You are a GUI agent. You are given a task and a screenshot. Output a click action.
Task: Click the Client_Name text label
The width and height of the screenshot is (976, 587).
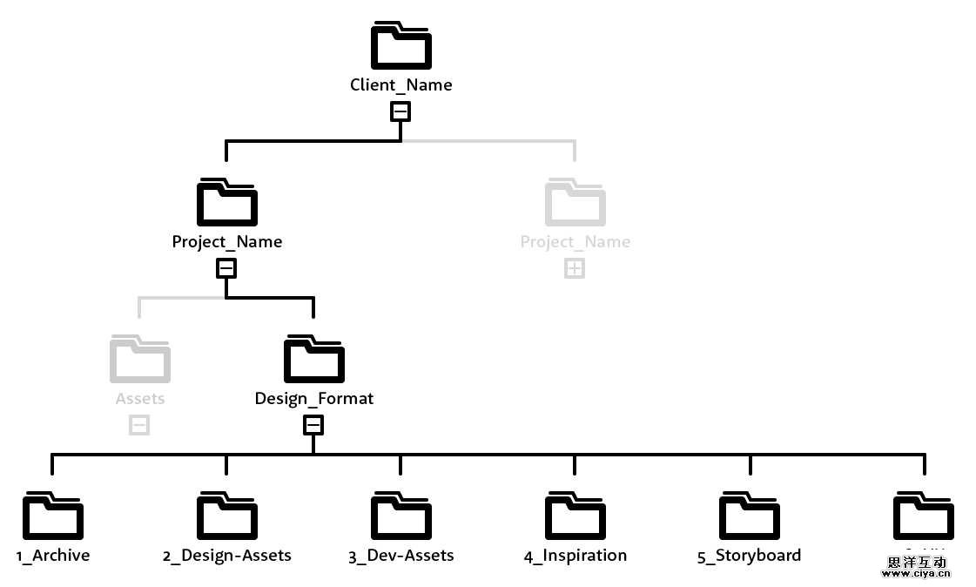point(400,85)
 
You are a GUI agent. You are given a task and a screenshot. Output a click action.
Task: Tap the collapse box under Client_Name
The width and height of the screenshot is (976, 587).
point(400,111)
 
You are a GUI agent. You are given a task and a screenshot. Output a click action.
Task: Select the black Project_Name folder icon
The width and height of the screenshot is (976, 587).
point(226,203)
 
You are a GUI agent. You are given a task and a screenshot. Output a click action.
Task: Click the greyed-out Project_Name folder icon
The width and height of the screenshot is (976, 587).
point(575,203)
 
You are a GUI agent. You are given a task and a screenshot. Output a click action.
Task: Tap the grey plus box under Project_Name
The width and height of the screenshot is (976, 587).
point(575,268)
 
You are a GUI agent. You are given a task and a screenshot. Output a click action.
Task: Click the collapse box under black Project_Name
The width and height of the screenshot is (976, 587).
point(226,268)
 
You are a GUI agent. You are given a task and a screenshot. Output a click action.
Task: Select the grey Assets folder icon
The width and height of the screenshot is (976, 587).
point(139,360)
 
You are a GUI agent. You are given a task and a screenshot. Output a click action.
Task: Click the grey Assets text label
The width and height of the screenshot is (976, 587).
point(139,399)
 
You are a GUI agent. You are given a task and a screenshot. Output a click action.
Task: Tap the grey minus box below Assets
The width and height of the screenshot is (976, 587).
point(139,425)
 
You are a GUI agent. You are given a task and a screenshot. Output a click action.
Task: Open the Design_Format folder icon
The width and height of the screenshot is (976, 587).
point(313,360)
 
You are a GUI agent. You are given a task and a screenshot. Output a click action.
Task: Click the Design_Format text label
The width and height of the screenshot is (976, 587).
point(313,399)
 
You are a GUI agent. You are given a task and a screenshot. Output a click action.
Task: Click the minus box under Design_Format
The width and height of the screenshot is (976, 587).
point(313,425)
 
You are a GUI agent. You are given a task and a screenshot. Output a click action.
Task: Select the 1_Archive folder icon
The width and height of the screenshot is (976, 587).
point(52,516)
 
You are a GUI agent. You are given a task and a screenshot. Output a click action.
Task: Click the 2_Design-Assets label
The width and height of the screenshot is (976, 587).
point(226,556)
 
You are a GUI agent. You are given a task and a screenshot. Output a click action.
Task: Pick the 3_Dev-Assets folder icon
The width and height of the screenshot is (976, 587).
point(400,516)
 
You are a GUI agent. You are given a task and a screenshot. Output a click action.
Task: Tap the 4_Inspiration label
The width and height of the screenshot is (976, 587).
point(575,556)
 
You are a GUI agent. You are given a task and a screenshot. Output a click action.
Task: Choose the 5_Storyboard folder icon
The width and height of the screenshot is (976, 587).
point(749,516)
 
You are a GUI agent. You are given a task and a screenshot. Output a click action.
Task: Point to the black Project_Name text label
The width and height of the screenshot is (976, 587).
point(226,242)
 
